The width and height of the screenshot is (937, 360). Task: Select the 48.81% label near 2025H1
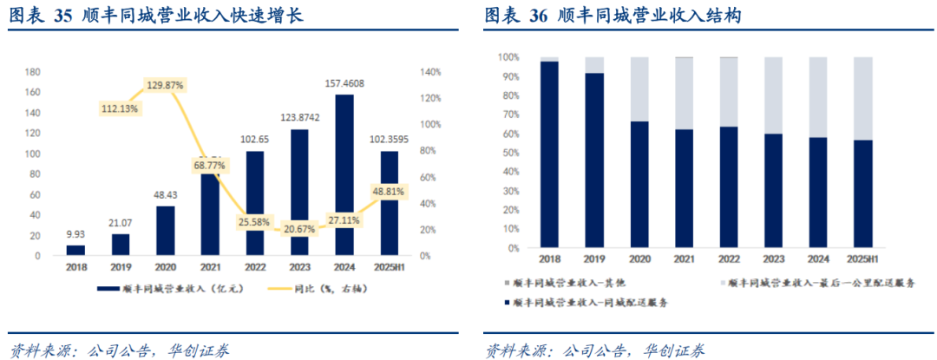(x=390, y=191)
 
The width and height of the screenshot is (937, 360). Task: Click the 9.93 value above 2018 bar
(x=76, y=234)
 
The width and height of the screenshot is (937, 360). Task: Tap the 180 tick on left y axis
(x=34, y=72)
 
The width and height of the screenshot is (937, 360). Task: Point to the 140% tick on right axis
(x=432, y=72)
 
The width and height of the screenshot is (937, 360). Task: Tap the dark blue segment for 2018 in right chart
(x=548, y=154)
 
